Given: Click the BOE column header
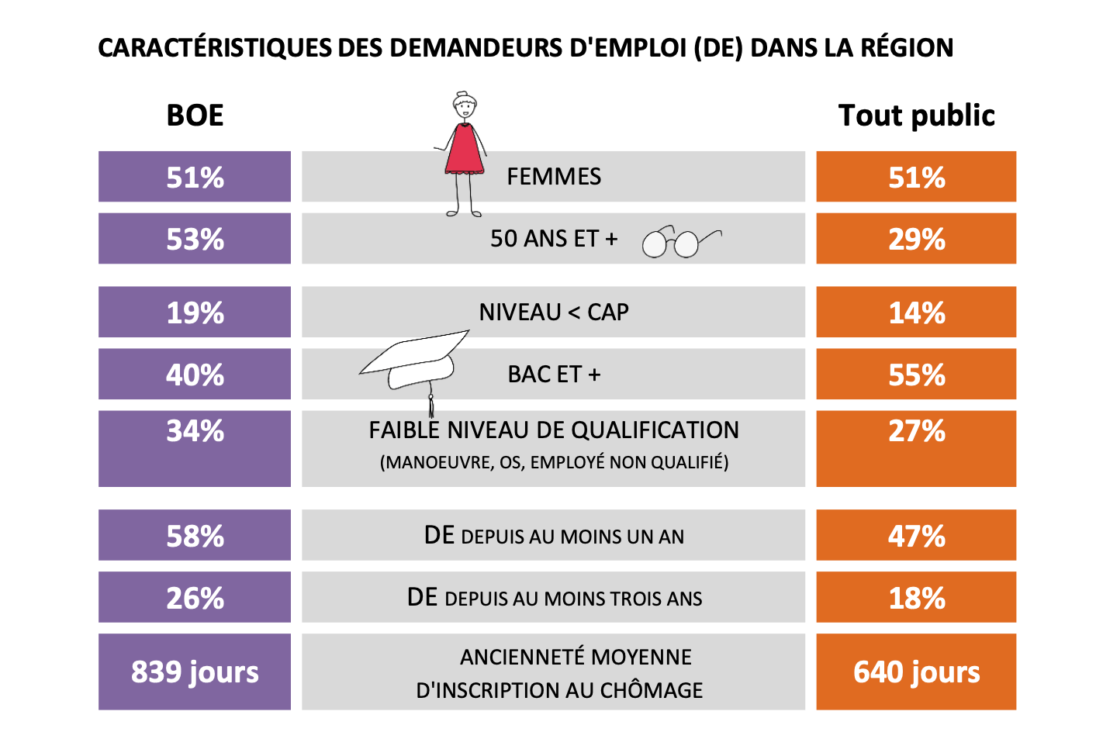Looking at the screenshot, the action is click(195, 116).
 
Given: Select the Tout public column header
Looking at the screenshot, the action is click(916, 116).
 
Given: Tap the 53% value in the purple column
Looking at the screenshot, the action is click(195, 240).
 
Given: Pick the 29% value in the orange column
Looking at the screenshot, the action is click(916, 240).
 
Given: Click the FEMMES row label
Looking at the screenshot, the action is click(554, 177).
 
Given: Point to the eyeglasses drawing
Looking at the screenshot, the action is click(682, 242).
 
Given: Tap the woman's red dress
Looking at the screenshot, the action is click(465, 149).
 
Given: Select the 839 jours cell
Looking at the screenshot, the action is click(195, 672).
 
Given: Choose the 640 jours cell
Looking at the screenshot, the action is click(916, 672).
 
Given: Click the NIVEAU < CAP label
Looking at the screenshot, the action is click(554, 312).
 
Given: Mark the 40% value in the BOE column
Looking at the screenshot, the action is click(195, 375).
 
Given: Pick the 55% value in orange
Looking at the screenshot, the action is click(916, 375).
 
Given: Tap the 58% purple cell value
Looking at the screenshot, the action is click(195, 536).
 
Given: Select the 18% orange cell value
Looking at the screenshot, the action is click(916, 598).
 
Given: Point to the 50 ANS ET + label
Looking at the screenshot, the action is click(554, 239).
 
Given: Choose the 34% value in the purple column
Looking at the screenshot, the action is click(195, 431).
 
